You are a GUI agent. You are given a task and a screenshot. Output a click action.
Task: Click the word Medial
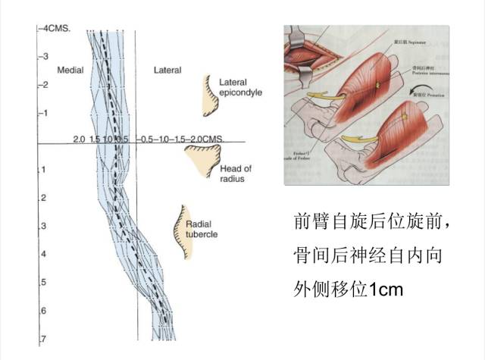point(70,70)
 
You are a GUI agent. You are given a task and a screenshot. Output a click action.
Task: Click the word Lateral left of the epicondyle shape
point(167,70)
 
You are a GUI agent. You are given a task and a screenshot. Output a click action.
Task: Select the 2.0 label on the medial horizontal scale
point(79,140)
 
